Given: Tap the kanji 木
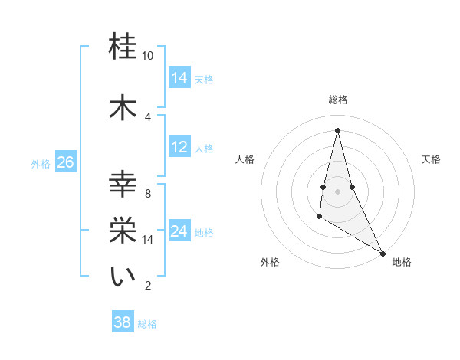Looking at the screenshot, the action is pos(123,108).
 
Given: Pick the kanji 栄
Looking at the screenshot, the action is pos(123,231).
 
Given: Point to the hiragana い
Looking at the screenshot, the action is pos(123,277).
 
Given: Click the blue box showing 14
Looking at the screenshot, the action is pos(179,78).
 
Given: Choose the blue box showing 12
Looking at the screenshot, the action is pos(179,147).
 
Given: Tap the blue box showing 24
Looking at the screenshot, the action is pos(179,232).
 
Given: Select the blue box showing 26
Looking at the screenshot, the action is pos(65,162).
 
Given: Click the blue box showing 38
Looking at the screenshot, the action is pos(123,322).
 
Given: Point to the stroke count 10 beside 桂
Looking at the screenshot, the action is pos(148,57).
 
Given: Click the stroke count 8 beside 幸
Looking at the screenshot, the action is pos(148,194).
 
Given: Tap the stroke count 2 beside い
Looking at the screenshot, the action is pos(148,286).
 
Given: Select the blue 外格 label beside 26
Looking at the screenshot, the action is pos(41,163).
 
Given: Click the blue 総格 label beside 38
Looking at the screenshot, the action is pos(147,323).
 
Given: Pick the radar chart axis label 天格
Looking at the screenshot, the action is pos(432,159).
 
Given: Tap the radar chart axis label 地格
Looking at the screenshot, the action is pos(402,262).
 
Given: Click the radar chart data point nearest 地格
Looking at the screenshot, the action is pos(383,253).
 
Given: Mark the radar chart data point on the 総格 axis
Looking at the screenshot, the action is pos(337,130).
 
